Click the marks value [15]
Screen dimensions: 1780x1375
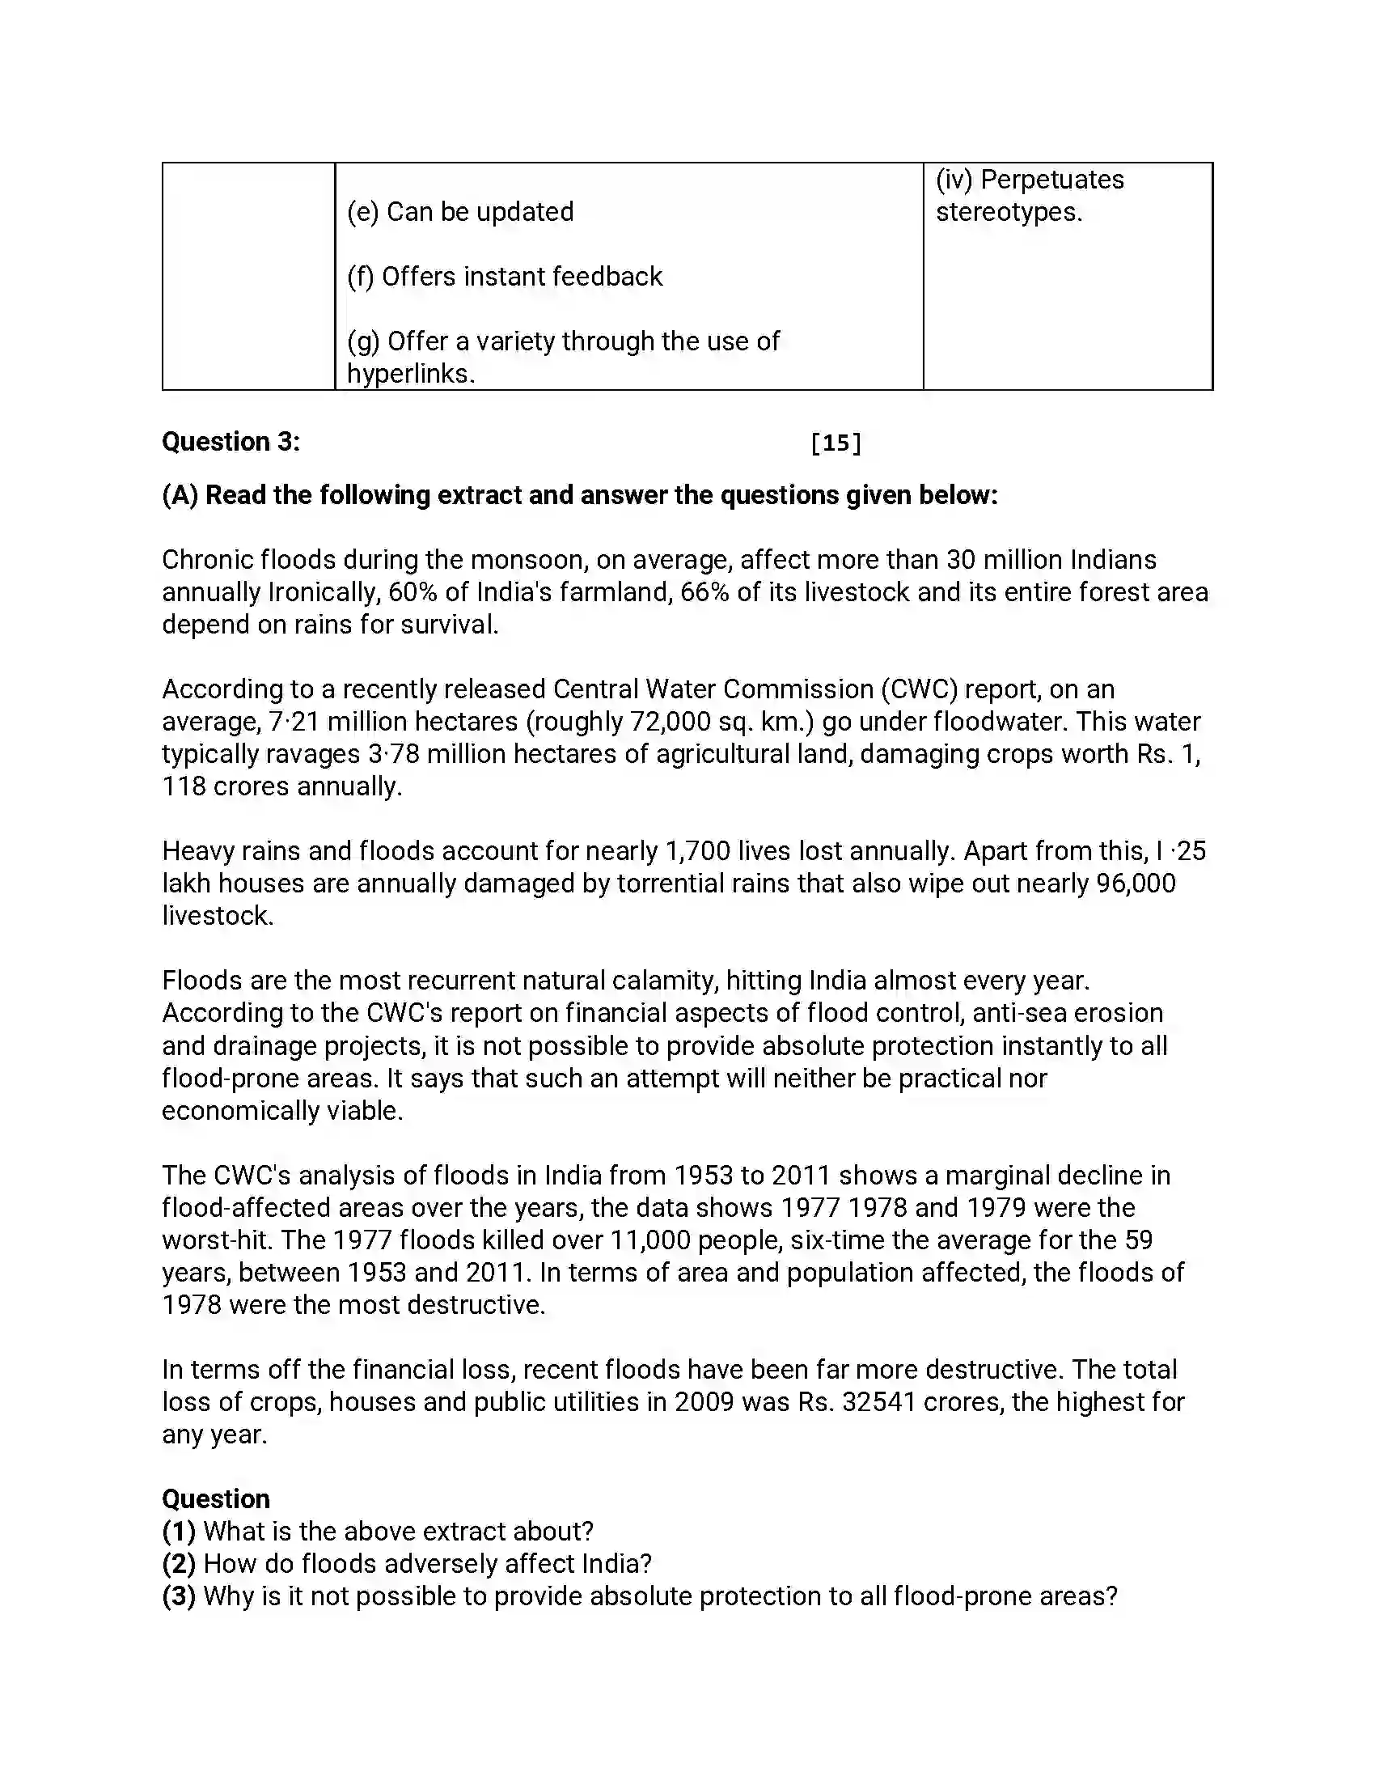(836, 443)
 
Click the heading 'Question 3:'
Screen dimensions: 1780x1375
(231, 442)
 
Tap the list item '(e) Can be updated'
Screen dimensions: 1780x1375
(460, 212)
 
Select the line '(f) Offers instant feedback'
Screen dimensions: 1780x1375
(504, 277)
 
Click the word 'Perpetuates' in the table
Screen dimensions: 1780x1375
(1051, 180)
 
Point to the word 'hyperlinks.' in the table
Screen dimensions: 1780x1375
(411, 374)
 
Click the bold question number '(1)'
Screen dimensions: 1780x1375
(179, 1532)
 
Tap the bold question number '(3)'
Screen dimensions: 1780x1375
(179, 1596)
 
